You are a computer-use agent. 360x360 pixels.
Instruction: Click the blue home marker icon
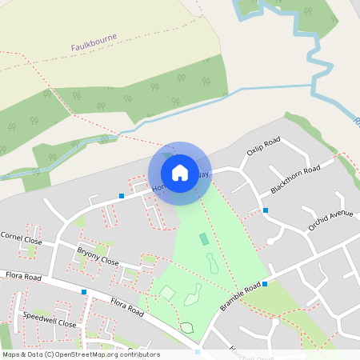[x=180, y=172]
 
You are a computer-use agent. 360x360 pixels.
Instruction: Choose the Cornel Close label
[x=21, y=238]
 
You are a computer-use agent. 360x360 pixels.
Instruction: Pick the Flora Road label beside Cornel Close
[x=21, y=277]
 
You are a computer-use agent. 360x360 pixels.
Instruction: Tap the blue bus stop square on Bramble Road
[x=265, y=284]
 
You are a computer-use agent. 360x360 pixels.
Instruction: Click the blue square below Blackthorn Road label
[x=266, y=210]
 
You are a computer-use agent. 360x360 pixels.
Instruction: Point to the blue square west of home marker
[x=122, y=195]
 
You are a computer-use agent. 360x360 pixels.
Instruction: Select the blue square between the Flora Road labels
[x=84, y=292]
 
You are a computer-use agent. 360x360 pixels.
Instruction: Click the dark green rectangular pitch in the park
[x=204, y=238]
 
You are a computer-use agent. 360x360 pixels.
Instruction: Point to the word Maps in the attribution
[x=11, y=354]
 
